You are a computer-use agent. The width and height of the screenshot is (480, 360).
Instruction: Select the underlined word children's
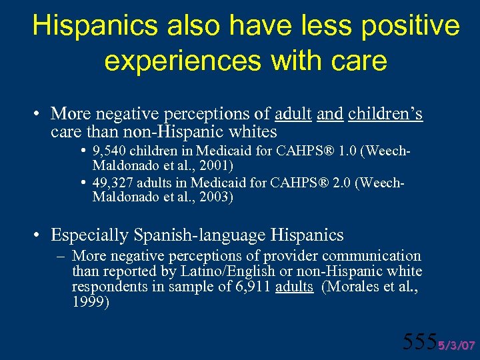385,114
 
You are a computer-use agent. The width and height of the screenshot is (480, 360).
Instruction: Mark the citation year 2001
212,164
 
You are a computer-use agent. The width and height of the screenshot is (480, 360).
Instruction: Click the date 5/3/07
456,345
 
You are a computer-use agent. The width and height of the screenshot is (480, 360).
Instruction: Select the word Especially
90,235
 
